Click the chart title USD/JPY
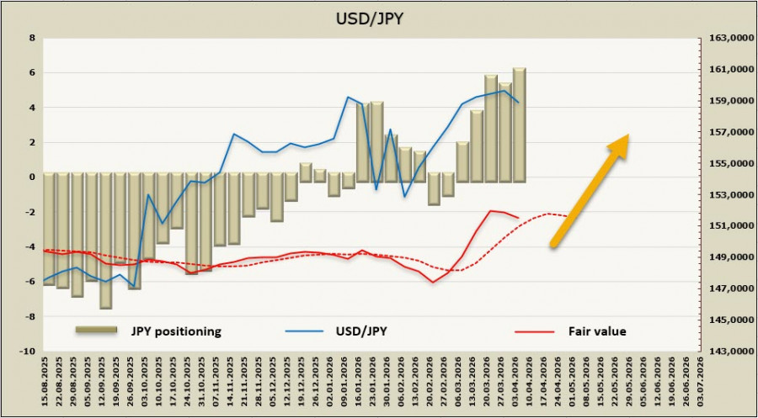[x=379, y=17]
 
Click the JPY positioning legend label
[x=175, y=331]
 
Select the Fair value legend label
[x=596, y=331]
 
